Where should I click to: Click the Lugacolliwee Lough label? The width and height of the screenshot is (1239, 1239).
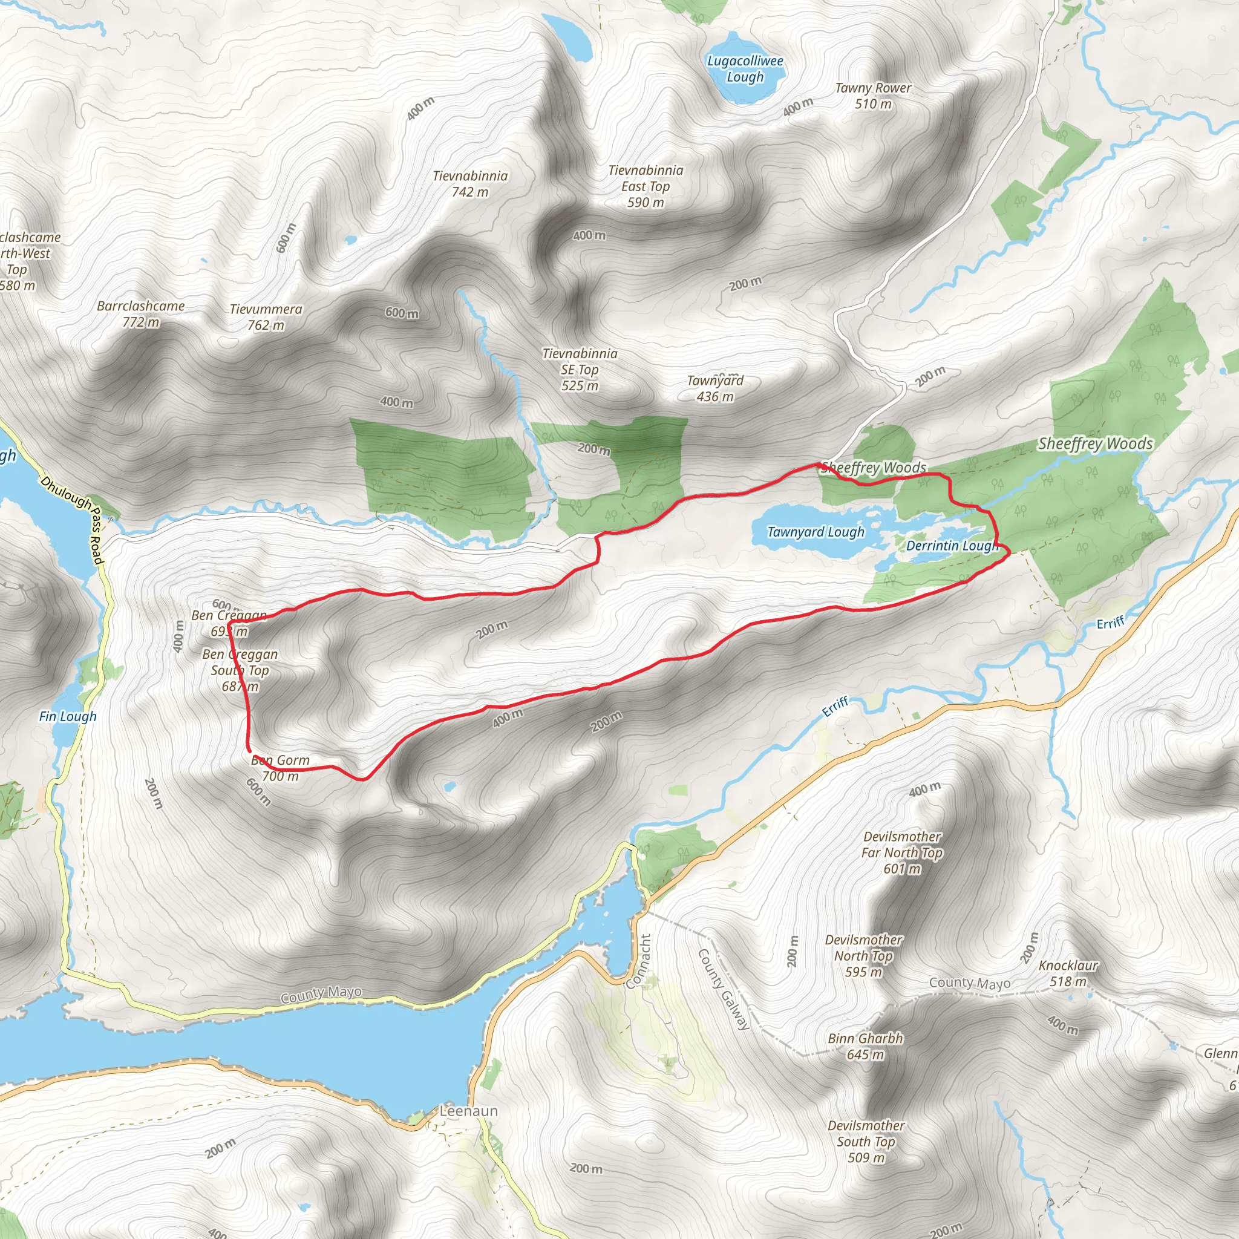pos(745,69)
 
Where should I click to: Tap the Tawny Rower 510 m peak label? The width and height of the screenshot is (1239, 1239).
pos(873,96)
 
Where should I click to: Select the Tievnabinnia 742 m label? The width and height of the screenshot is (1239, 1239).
pos(470,183)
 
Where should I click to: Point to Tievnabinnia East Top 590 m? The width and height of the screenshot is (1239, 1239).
pos(646,186)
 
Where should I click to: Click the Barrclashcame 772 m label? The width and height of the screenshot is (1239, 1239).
pos(140,313)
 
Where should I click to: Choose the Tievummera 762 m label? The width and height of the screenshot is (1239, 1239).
pos(266,317)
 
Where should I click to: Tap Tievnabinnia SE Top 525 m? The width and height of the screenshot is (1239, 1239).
pos(580,370)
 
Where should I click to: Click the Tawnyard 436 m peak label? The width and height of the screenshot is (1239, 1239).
pos(715,388)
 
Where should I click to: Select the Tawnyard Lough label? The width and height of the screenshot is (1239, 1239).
pos(816,532)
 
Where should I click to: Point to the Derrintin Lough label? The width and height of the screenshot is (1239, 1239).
pos(952,546)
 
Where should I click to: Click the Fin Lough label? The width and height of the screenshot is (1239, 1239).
pos(68,716)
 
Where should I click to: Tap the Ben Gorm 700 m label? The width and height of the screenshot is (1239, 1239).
pos(280,768)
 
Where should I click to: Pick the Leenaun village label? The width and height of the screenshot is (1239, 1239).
pos(469,1111)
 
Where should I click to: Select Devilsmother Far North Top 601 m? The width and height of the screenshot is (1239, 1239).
pos(901,852)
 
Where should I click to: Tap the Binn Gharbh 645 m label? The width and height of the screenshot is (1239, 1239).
pos(865,1046)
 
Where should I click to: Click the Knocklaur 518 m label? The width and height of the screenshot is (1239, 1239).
pos(1068,973)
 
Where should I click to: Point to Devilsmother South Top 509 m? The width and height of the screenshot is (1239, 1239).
pos(866,1141)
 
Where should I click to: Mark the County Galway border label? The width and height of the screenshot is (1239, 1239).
pos(723,989)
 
